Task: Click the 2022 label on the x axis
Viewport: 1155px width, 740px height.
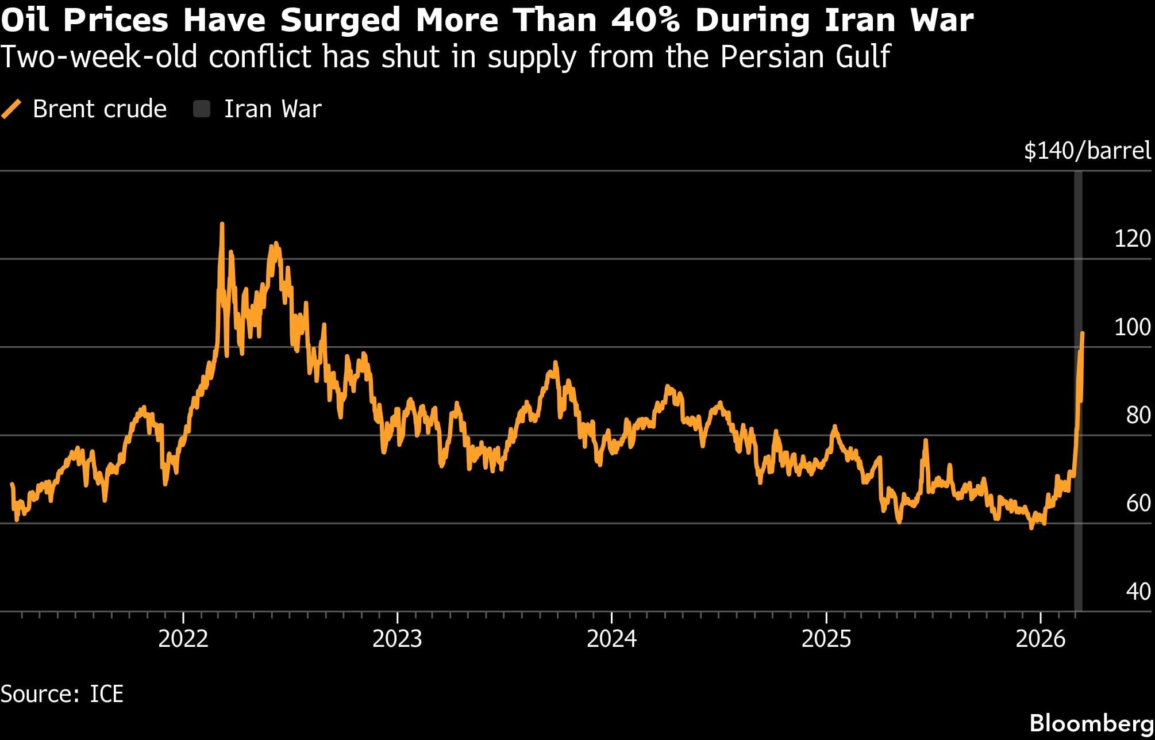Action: tap(183, 639)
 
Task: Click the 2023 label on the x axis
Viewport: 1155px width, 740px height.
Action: tap(397, 639)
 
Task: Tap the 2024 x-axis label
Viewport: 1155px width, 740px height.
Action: tap(611, 639)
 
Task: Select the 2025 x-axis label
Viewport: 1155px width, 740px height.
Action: tap(826, 639)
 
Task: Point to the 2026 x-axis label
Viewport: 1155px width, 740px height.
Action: tap(1040, 639)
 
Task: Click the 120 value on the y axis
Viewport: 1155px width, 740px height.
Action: tap(1132, 239)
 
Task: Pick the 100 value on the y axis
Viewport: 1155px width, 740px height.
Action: tap(1132, 327)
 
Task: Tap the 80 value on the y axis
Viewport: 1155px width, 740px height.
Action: tap(1138, 415)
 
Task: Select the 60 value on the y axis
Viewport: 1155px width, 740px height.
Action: tap(1138, 503)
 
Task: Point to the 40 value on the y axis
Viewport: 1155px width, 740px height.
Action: tap(1138, 592)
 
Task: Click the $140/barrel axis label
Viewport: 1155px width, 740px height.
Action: tap(1087, 151)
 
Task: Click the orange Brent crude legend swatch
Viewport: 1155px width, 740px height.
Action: tap(11, 109)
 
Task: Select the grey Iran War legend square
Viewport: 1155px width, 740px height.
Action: tap(202, 109)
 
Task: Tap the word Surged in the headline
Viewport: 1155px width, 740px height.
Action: tap(340, 21)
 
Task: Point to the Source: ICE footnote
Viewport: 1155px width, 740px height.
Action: tap(62, 694)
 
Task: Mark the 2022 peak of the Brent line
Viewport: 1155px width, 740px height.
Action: tap(222, 224)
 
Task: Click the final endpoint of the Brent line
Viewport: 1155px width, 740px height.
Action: tap(1083, 333)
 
